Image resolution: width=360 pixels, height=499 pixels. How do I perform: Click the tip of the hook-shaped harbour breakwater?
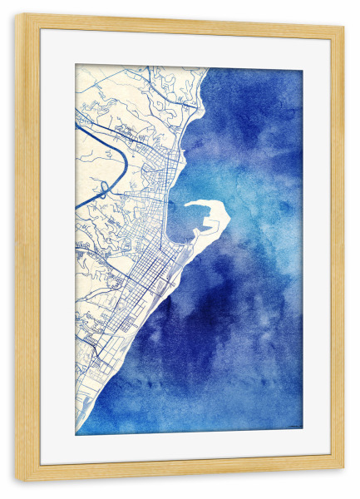click(187, 204)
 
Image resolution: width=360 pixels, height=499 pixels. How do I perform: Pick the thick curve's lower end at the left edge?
click(76, 206)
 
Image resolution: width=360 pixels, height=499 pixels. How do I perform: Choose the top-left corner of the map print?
click(76, 65)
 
